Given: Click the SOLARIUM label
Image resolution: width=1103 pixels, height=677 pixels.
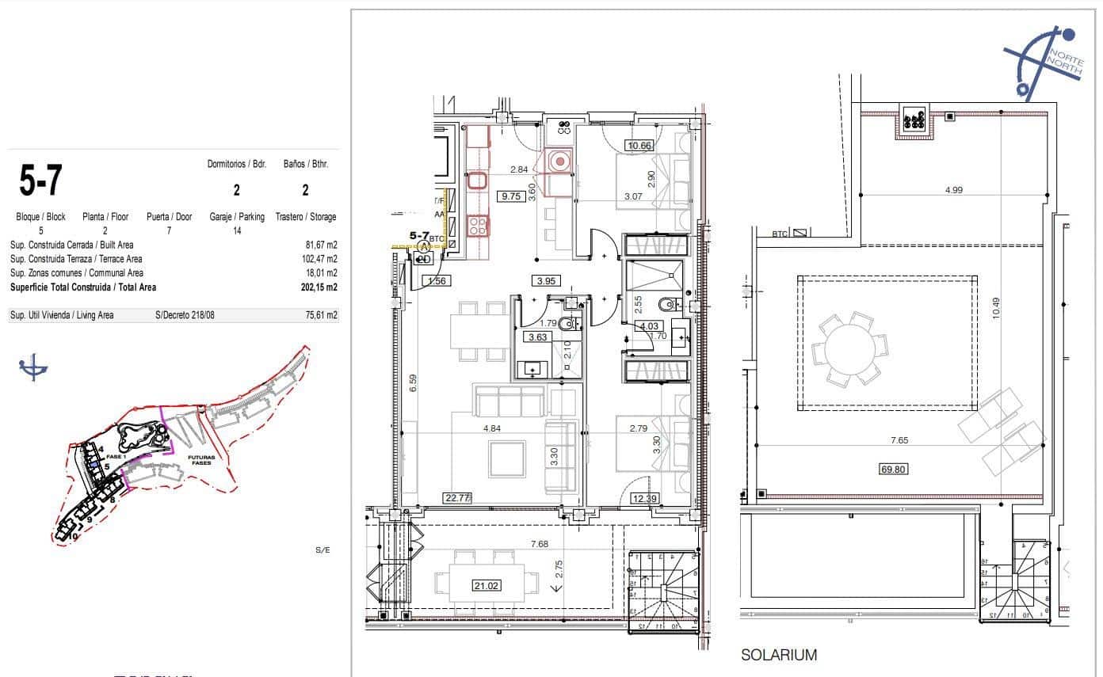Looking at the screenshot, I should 779,655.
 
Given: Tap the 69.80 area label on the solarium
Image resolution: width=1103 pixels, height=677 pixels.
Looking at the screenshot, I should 892,469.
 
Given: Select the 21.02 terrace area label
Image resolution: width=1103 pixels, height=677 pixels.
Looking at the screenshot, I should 487,585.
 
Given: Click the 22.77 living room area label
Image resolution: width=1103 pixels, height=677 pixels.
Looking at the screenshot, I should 458,498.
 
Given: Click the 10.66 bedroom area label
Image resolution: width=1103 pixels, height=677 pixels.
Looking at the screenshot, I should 639,145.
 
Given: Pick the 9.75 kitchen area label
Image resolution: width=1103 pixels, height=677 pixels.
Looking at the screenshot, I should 510,197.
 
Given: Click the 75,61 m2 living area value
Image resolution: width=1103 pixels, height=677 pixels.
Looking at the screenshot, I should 320,315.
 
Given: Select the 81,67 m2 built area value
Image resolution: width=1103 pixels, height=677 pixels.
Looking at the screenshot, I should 321,245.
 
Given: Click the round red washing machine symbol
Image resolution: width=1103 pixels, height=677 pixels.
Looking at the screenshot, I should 560,162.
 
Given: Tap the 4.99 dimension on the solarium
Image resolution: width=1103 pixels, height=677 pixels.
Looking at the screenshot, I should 954,190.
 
